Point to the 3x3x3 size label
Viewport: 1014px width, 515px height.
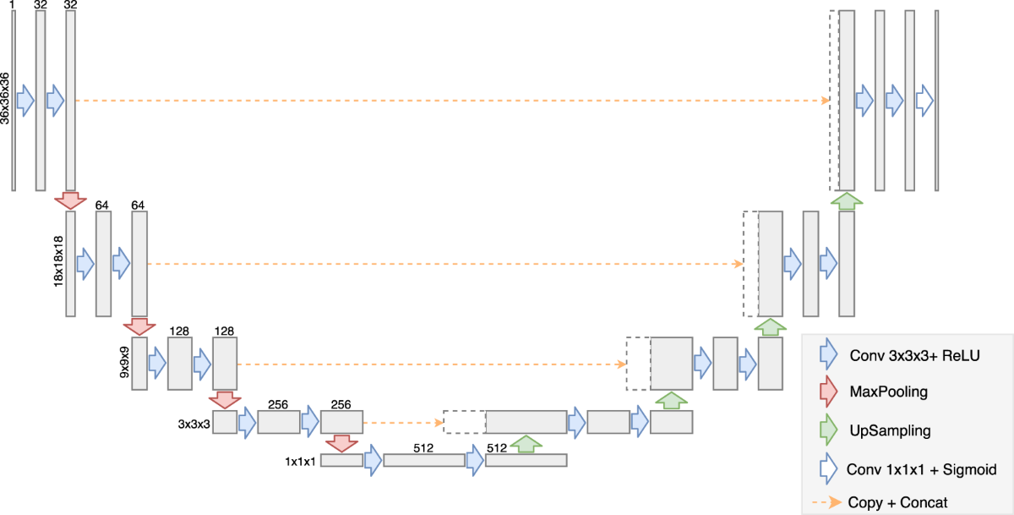[x=194, y=422]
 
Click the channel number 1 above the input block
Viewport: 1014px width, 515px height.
[x=13, y=5]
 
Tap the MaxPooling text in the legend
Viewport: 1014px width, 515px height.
[x=887, y=392]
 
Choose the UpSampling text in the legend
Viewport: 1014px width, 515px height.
[x=890, y=430]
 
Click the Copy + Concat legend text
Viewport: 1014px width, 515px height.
[x=898, y=502]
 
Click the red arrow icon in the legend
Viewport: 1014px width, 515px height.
[x=828, y=392]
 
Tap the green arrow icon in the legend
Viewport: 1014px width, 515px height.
[x=828, y=430]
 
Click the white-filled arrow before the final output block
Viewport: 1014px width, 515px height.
[x=924, y=101]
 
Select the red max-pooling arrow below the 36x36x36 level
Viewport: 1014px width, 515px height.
[x=70, y=200]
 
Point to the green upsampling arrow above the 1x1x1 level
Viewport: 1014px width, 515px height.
[x=526, y=444]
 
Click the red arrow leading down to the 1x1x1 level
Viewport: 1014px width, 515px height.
[x=341, y=444]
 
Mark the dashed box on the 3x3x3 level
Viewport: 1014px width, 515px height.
[x=464, y=422]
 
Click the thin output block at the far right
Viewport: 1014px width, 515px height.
[x=936, y=101]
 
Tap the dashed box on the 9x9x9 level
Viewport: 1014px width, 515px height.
[x=638, y=364]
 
